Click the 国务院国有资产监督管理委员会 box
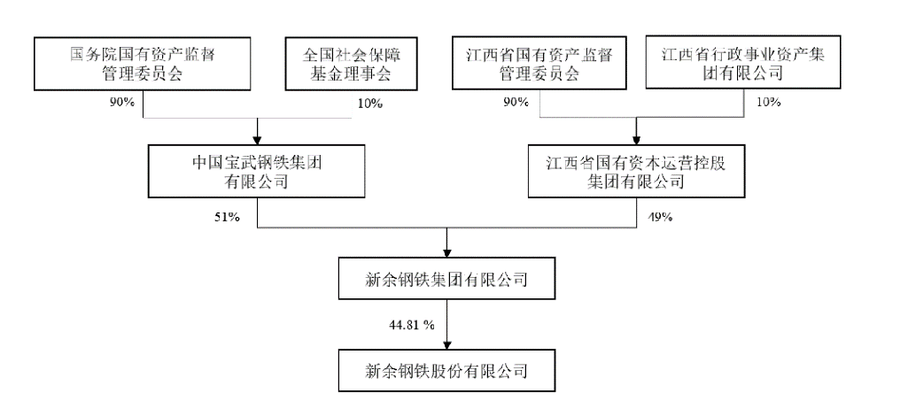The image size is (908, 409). tap(142, 65)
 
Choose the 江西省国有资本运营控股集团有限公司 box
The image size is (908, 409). tap(636, 172)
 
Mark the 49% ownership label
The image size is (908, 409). tap(659, 217)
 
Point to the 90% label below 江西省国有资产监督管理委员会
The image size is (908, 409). tap(516, 103)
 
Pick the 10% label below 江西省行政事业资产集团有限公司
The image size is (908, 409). tap(768, 103)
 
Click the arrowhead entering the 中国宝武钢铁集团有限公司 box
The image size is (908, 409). tap(257, 140)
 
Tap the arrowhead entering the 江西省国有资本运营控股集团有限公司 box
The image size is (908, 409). tap(636, 140)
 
